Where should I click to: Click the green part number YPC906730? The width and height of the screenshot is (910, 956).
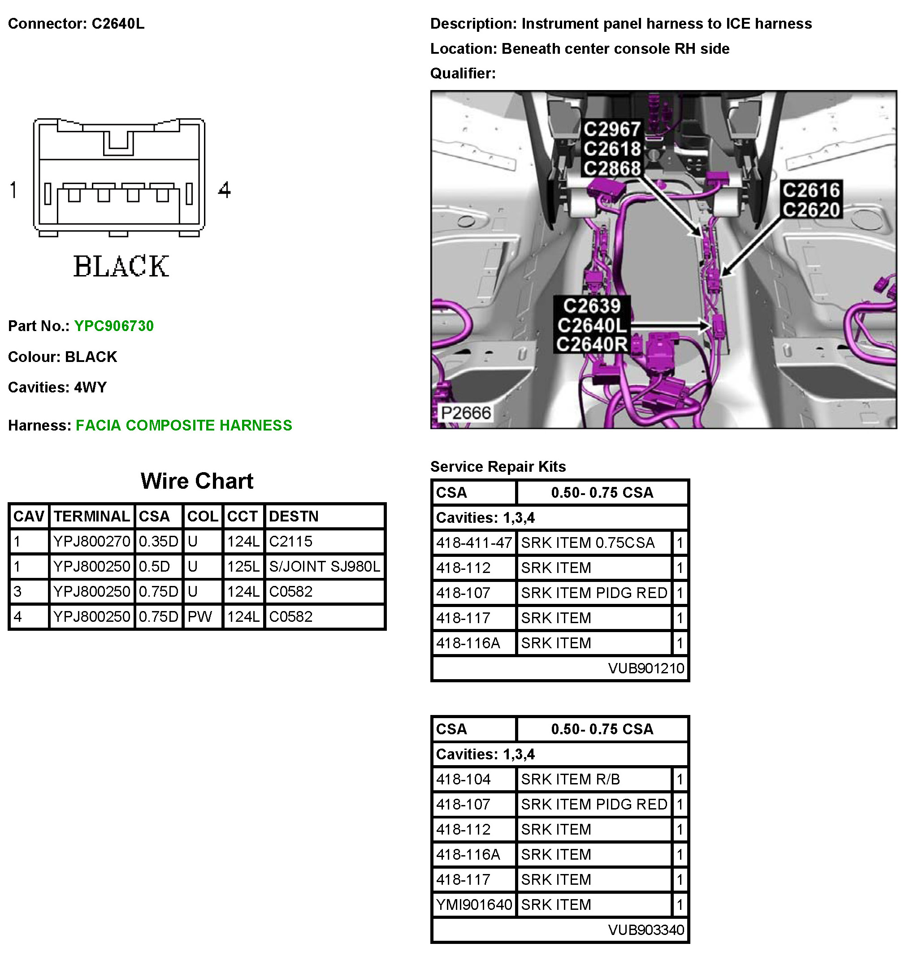point(113,326)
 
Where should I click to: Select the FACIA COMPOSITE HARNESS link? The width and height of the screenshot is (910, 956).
point(184,425)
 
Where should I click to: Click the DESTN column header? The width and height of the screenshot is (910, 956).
point(294,516)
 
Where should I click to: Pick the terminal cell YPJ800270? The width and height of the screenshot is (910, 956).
point(92,542)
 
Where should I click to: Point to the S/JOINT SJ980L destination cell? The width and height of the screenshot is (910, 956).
point(325,566)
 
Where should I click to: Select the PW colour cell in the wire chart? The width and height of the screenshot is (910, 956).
point(200,616)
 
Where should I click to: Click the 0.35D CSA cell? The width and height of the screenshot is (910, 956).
point(158,542)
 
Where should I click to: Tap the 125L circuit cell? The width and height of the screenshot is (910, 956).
point(243,566)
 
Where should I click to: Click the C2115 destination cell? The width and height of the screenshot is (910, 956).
point(290,542)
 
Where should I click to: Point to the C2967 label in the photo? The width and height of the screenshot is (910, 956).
point(612,129)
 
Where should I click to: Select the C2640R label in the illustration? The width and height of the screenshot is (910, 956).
point(592,344)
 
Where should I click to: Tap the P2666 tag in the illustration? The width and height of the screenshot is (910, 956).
point(466,413)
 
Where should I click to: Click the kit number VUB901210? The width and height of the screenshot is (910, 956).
point(646,668)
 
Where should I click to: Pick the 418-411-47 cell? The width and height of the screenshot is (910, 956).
point(474,543)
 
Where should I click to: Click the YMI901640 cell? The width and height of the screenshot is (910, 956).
point(474,904)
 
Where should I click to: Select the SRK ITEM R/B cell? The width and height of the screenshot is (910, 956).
point(571,779)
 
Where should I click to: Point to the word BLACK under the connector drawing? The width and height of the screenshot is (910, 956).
point(121,266)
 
